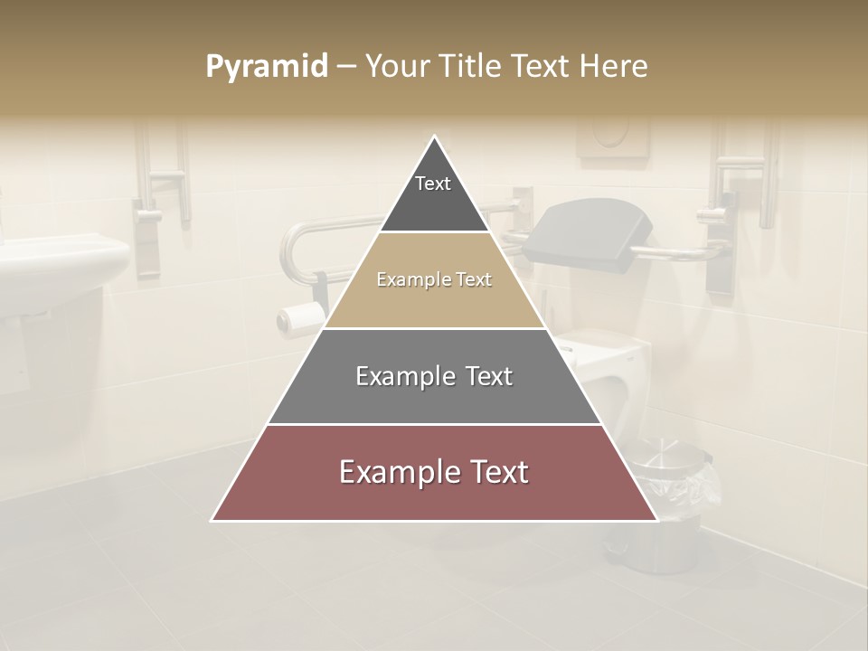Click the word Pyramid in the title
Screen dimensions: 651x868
(266, 67)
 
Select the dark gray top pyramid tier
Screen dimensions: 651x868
(434, 203)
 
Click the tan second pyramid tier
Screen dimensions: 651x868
(434, 303)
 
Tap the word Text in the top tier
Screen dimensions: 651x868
(433, 184)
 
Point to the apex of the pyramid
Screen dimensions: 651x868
(435, 138)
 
